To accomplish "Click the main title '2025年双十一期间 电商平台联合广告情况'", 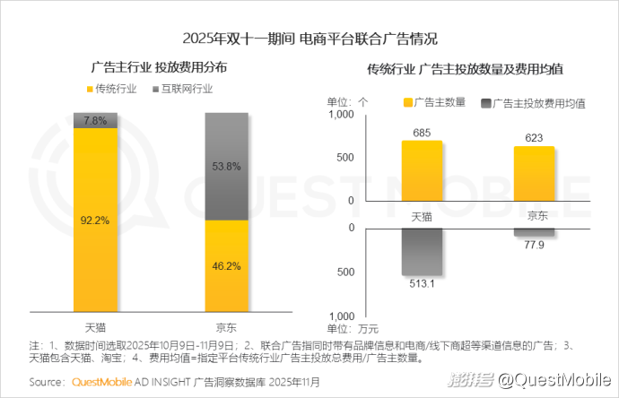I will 309,39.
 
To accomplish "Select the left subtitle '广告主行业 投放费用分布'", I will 159,68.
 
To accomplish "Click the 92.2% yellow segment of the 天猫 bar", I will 95,219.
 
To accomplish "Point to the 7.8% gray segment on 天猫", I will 95,121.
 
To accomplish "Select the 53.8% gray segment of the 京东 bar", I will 226,167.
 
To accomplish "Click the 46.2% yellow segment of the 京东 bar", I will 226,265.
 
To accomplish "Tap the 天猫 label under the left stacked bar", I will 95,325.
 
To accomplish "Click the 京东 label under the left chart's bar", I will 226,325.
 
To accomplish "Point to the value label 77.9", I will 534,246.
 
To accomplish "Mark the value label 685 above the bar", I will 422,133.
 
